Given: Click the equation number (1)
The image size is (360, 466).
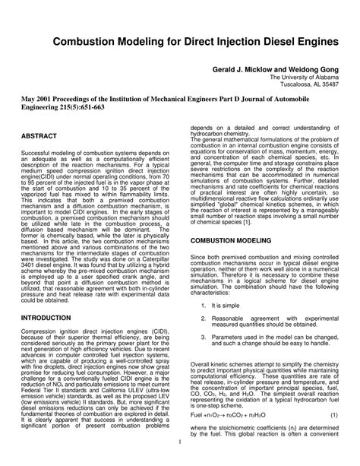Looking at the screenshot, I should click(x=333, y=436).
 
